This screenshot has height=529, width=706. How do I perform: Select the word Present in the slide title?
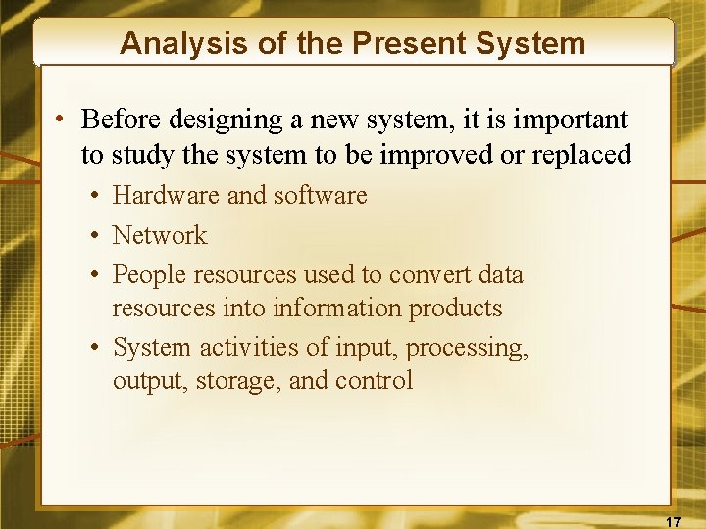(x=407, y=43)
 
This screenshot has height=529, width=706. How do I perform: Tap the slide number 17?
(x=674, y=520)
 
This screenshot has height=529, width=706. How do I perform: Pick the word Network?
(x=160, y=235)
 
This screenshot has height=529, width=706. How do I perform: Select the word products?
(x=455, y=308)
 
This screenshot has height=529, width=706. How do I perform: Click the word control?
(x=374, y=380)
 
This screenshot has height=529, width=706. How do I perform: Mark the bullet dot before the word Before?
(x=61, y=120)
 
